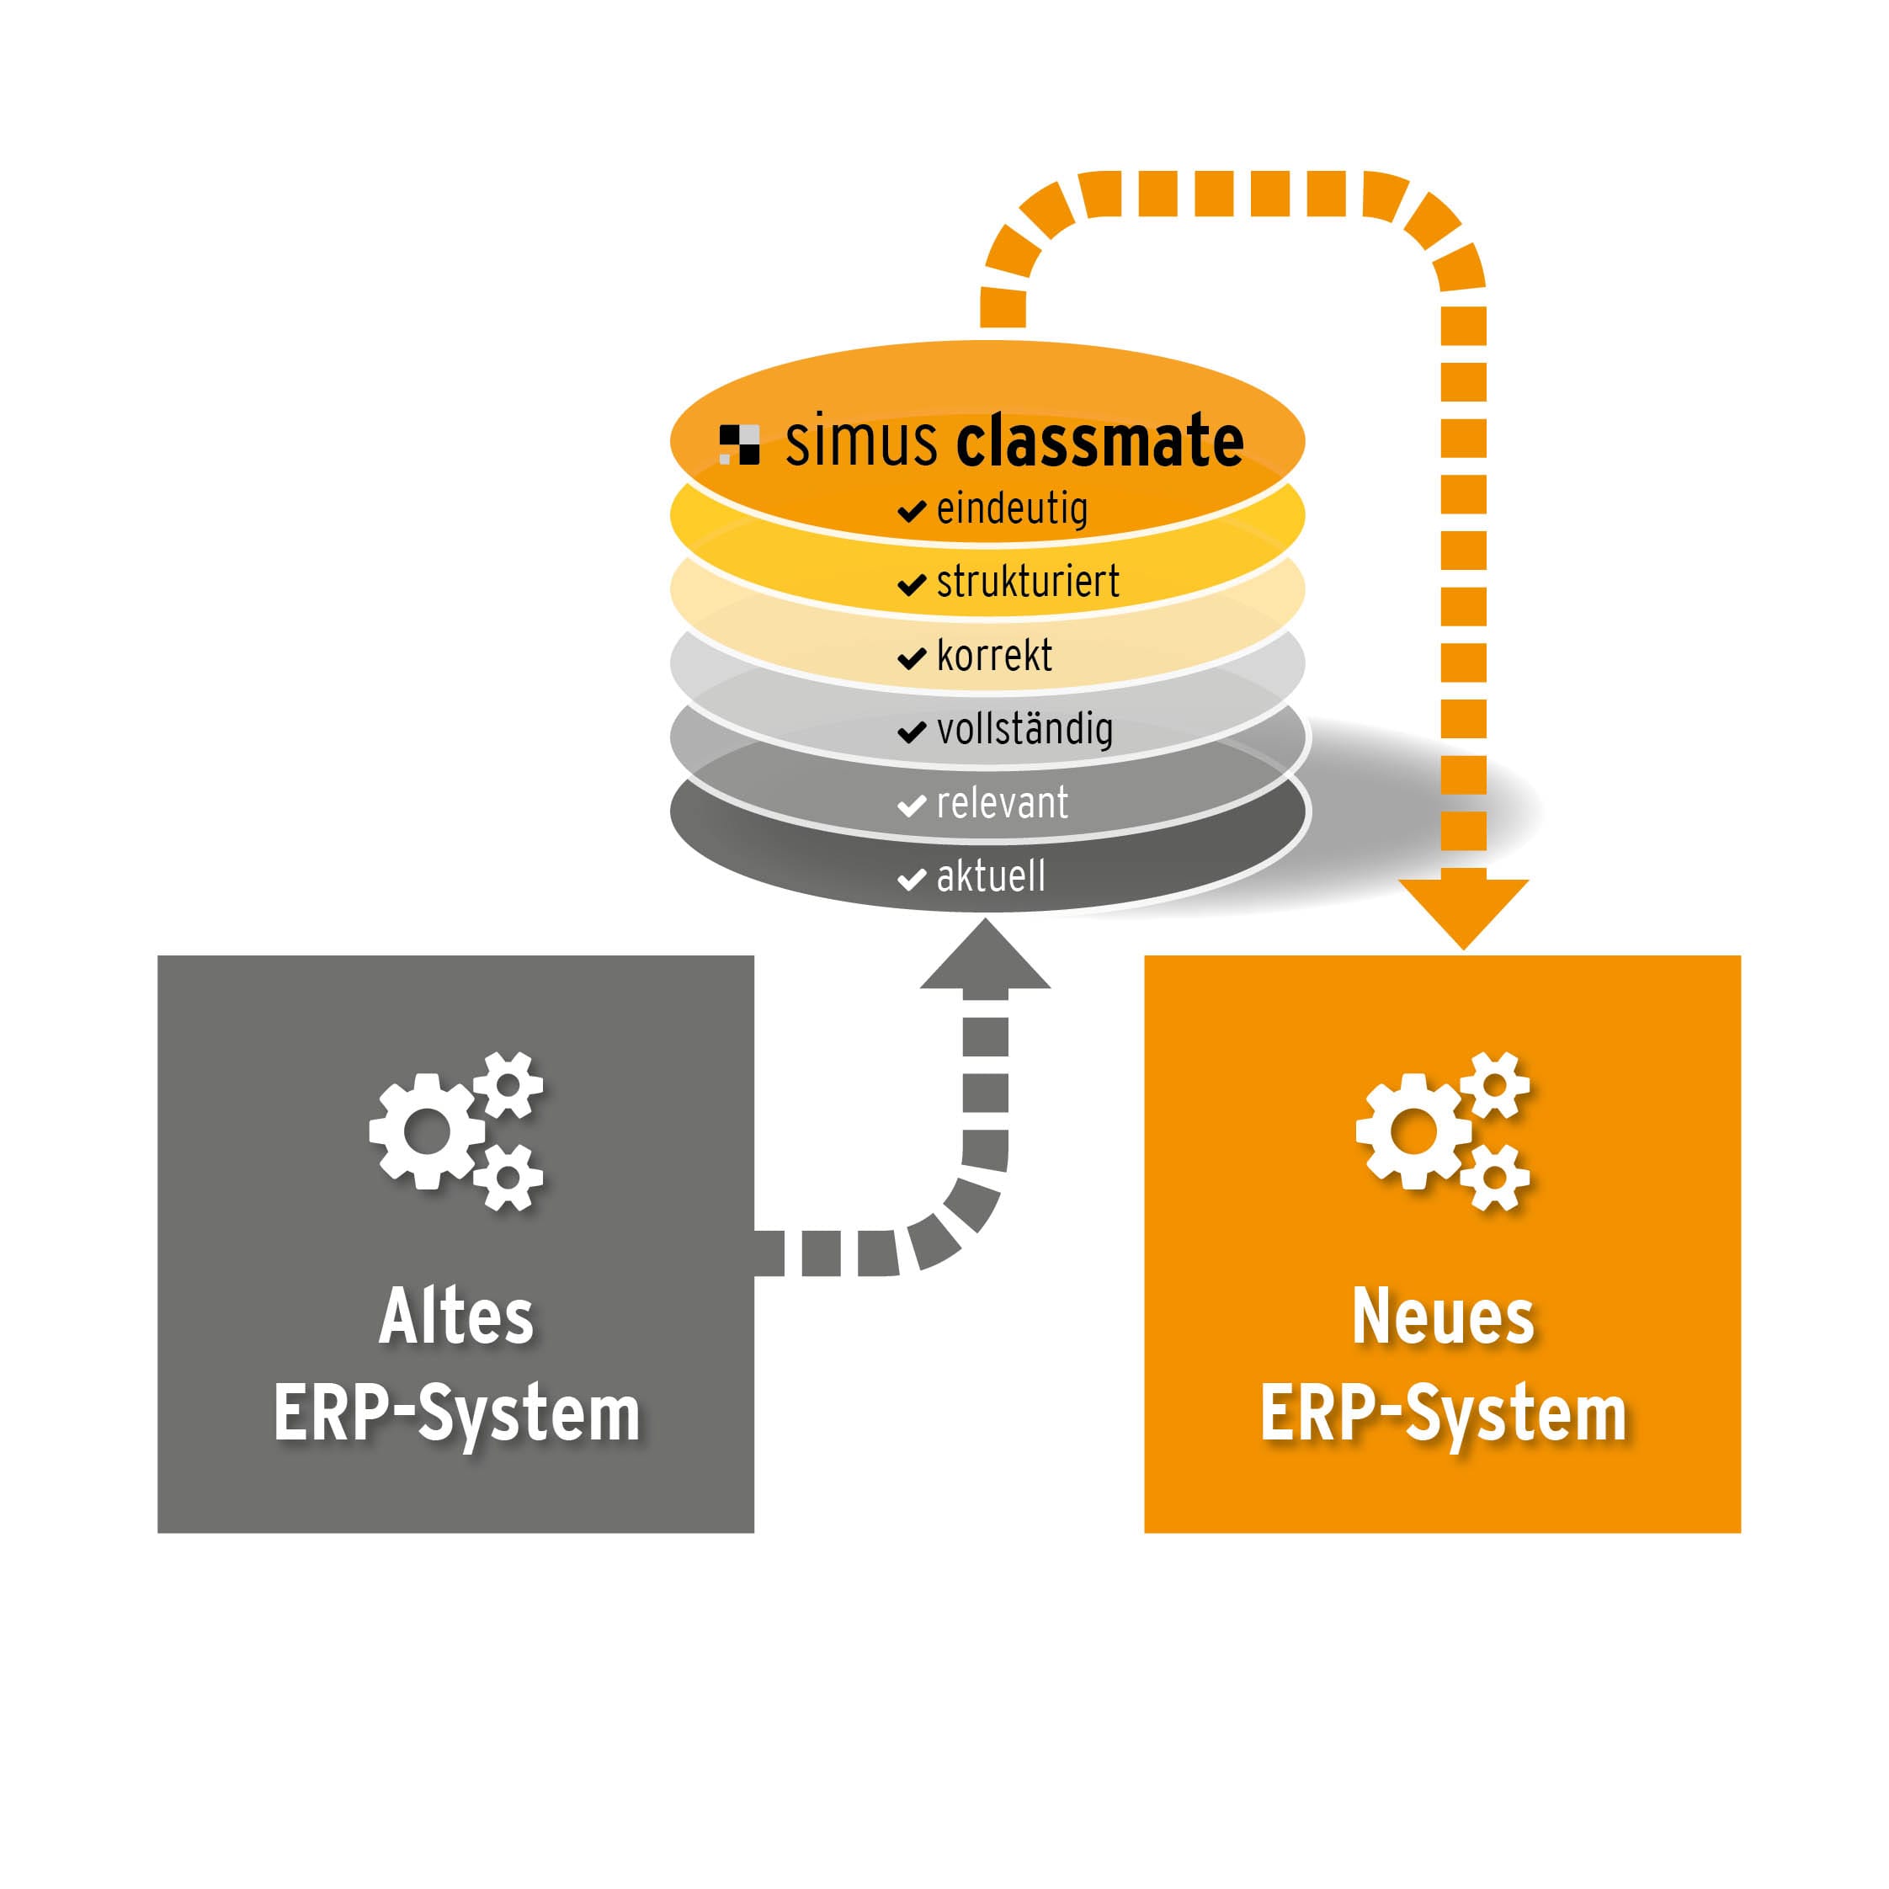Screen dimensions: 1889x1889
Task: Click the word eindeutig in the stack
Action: [x=1011, y=509]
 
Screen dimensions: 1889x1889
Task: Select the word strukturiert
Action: [x=1027, y=582]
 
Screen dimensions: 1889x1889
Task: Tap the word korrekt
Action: [x=993, y=656]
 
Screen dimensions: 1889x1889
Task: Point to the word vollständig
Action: [x=1024, y=729]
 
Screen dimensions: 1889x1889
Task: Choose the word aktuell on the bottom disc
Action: [x=991, y=877]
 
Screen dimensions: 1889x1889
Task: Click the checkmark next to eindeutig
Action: [x=912, y=511]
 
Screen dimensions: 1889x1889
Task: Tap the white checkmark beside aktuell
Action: [x=912, y=879]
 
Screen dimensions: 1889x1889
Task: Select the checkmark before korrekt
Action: [x=912, y=658]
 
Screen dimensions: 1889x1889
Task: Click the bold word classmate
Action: [x=1099, y=442]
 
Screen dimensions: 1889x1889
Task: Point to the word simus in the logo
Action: [x=861, y=442]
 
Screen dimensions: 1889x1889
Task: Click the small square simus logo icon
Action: [x=739, y=444]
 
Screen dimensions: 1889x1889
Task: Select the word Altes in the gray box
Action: [x=455, y=1317]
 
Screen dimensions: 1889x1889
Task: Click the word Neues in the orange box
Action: [x=1442, y=1317]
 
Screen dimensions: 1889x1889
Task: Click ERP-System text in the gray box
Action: [x=455, y=1414]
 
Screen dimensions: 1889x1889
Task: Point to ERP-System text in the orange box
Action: [x=1442, y=1414]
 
